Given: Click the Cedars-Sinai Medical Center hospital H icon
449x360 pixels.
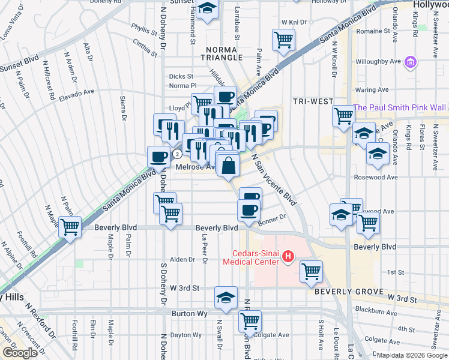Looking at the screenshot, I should [x=288, y=257].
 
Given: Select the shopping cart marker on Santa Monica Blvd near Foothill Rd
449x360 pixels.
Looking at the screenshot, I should [x=70, y=227].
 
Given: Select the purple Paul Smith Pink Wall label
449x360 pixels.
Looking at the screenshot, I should [x=399, y=107].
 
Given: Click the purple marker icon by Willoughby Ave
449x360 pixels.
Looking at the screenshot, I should [x=411, y=61].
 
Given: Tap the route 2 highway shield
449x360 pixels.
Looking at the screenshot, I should [x=178, y=154].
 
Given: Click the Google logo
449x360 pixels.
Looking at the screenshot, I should [x=20, y=352].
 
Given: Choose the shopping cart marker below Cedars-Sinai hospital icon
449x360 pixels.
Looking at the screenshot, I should [x=311, y=271].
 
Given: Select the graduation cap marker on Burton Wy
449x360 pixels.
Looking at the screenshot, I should [x=226, y=298].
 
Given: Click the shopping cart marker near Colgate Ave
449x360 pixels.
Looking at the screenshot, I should [x=249, y=320].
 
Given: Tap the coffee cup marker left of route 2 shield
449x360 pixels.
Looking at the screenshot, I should [x=158, y=157].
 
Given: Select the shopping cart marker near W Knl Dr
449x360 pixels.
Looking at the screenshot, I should [x=283, y=40].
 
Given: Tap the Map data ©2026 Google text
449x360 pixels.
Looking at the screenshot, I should [x=411, y=355].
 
